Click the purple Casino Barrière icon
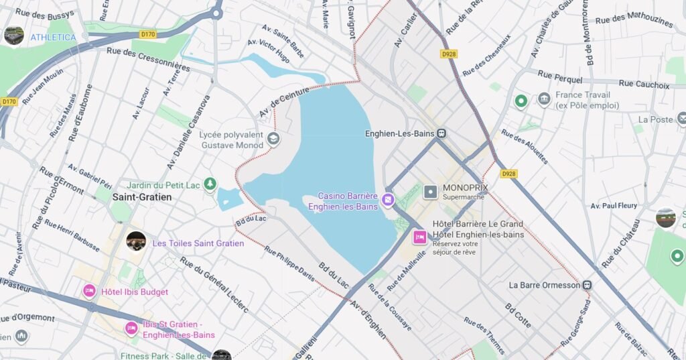point(387,200)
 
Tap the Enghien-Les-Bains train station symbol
point(442,133)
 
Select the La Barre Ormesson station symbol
point(587,285)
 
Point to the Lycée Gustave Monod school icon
point(273,139)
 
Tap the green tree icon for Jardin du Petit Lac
point(210,183)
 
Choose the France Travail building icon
point(544,99)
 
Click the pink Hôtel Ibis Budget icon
point(89,291)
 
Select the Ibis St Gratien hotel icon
point(131,328)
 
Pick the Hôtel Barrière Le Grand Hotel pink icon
point(420,236)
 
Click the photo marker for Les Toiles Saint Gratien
point(136,241)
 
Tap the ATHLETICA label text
point(53,37)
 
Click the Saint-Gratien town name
point(142,197)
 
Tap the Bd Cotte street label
point(518,316)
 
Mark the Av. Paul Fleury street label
point(614,206)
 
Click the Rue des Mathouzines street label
point(634,21)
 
